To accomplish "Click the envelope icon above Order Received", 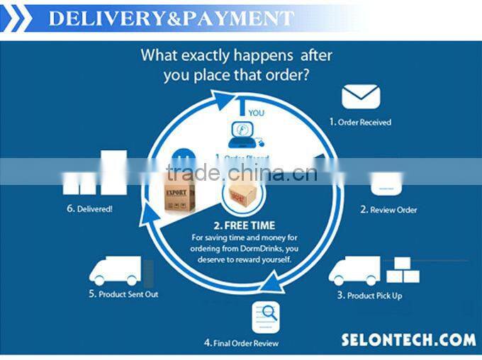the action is [x=361, y=97].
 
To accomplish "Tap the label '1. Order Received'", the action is [x=360, y=122].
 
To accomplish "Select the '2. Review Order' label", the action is [x=388, y=210].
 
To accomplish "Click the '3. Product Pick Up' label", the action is [x=369, y=295].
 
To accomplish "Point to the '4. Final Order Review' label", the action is [x=241, y=343].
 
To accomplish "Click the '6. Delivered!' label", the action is [x=89, y=209].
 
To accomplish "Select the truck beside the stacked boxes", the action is [x=354, y=271].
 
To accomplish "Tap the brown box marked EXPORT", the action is [x=180, y=199].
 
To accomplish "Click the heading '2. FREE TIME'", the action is [x=241, y=224].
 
